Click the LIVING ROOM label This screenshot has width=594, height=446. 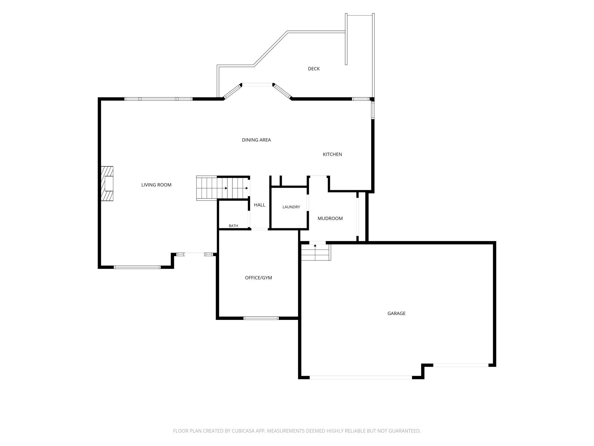tap(156, 185)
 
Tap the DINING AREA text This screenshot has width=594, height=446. tap(256, 140)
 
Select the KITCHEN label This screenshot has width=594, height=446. tap(332, 154)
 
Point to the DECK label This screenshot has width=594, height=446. tap(314, 69)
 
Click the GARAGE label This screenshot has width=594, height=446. tap(396, 313)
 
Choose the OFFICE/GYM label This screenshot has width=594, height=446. tap(258, 278)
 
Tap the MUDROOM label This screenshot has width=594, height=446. tap(330, 218)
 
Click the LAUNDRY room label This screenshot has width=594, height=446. tap(291, 207)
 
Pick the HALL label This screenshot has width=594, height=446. tap(260, 205)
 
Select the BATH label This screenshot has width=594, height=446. tap(233, 226)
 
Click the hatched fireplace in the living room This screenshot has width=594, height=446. tap(107, 184)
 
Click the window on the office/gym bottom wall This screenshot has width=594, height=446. tap(261, 318)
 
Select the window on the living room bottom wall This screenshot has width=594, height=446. tap(137, 267)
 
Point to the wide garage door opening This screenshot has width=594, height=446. tap(361, 377)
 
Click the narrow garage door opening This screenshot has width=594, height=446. tap(461, 365)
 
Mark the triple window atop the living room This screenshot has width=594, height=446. tap(158, 99)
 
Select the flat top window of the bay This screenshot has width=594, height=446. tap(257, 85)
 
